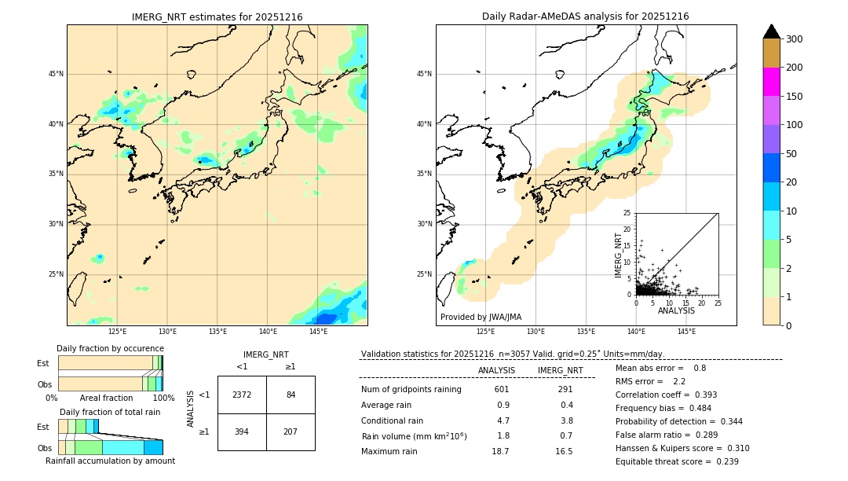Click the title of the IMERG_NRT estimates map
point(217,17)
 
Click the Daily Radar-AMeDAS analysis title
point(586,17)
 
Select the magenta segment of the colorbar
point(772,82)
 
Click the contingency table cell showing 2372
point(242,395)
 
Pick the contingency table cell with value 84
point(291,395)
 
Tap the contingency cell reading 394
point(242,431)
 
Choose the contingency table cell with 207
point(291,431)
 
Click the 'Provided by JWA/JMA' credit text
point(481,318)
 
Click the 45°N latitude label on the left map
point(56,74)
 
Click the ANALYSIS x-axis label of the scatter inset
point(676,311)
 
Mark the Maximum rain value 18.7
point(500,451)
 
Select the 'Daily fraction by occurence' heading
point(110,348)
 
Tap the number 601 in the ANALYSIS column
point(502,389)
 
